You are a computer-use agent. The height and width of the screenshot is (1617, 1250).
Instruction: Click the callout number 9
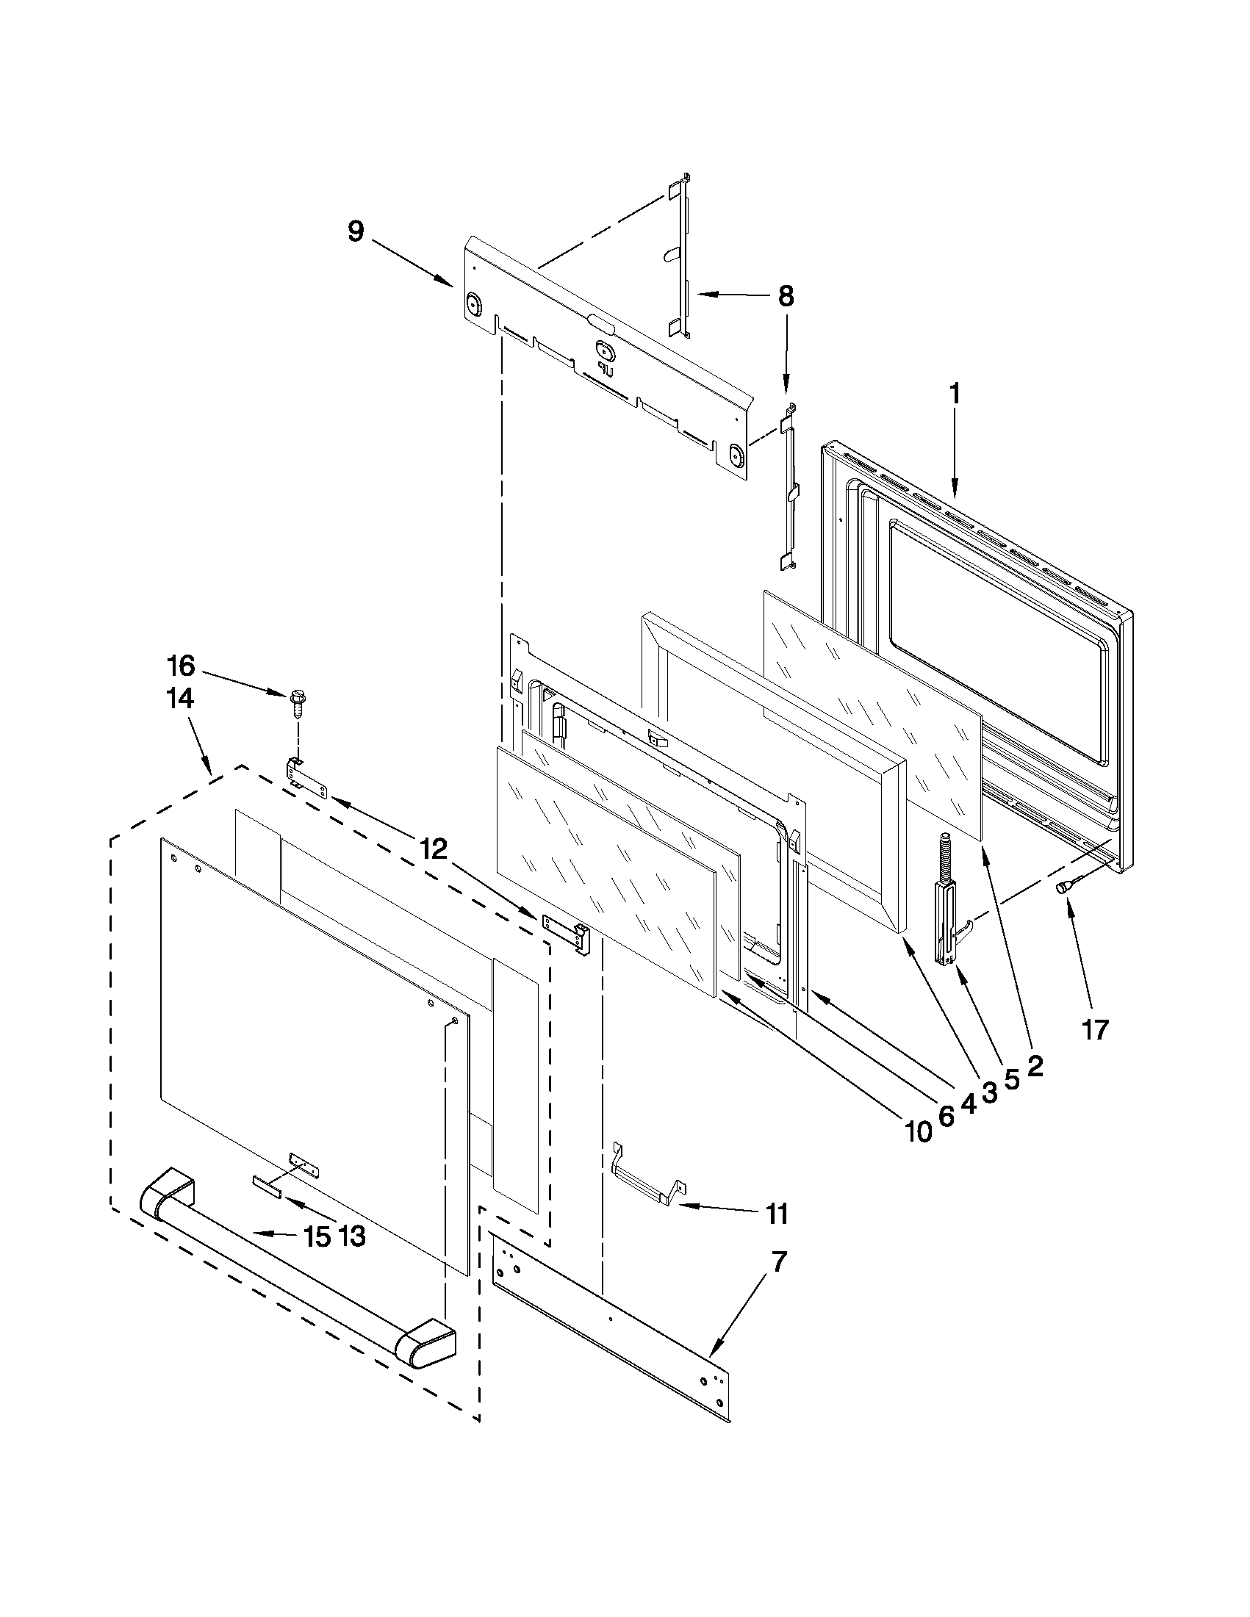(356, 231)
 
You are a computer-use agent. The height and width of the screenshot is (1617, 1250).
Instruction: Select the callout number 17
(1095, 1029)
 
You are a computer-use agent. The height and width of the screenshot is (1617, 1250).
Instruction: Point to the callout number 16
(180, 666)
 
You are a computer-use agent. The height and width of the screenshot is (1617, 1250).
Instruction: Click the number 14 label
(180, 698)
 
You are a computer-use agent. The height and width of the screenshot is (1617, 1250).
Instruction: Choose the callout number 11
(777, 1214)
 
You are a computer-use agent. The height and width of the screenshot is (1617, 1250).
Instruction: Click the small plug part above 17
(1065, 886)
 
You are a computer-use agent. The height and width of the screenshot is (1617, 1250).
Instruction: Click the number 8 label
(785, 297)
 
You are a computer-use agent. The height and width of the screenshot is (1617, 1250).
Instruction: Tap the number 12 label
(434, 849)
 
